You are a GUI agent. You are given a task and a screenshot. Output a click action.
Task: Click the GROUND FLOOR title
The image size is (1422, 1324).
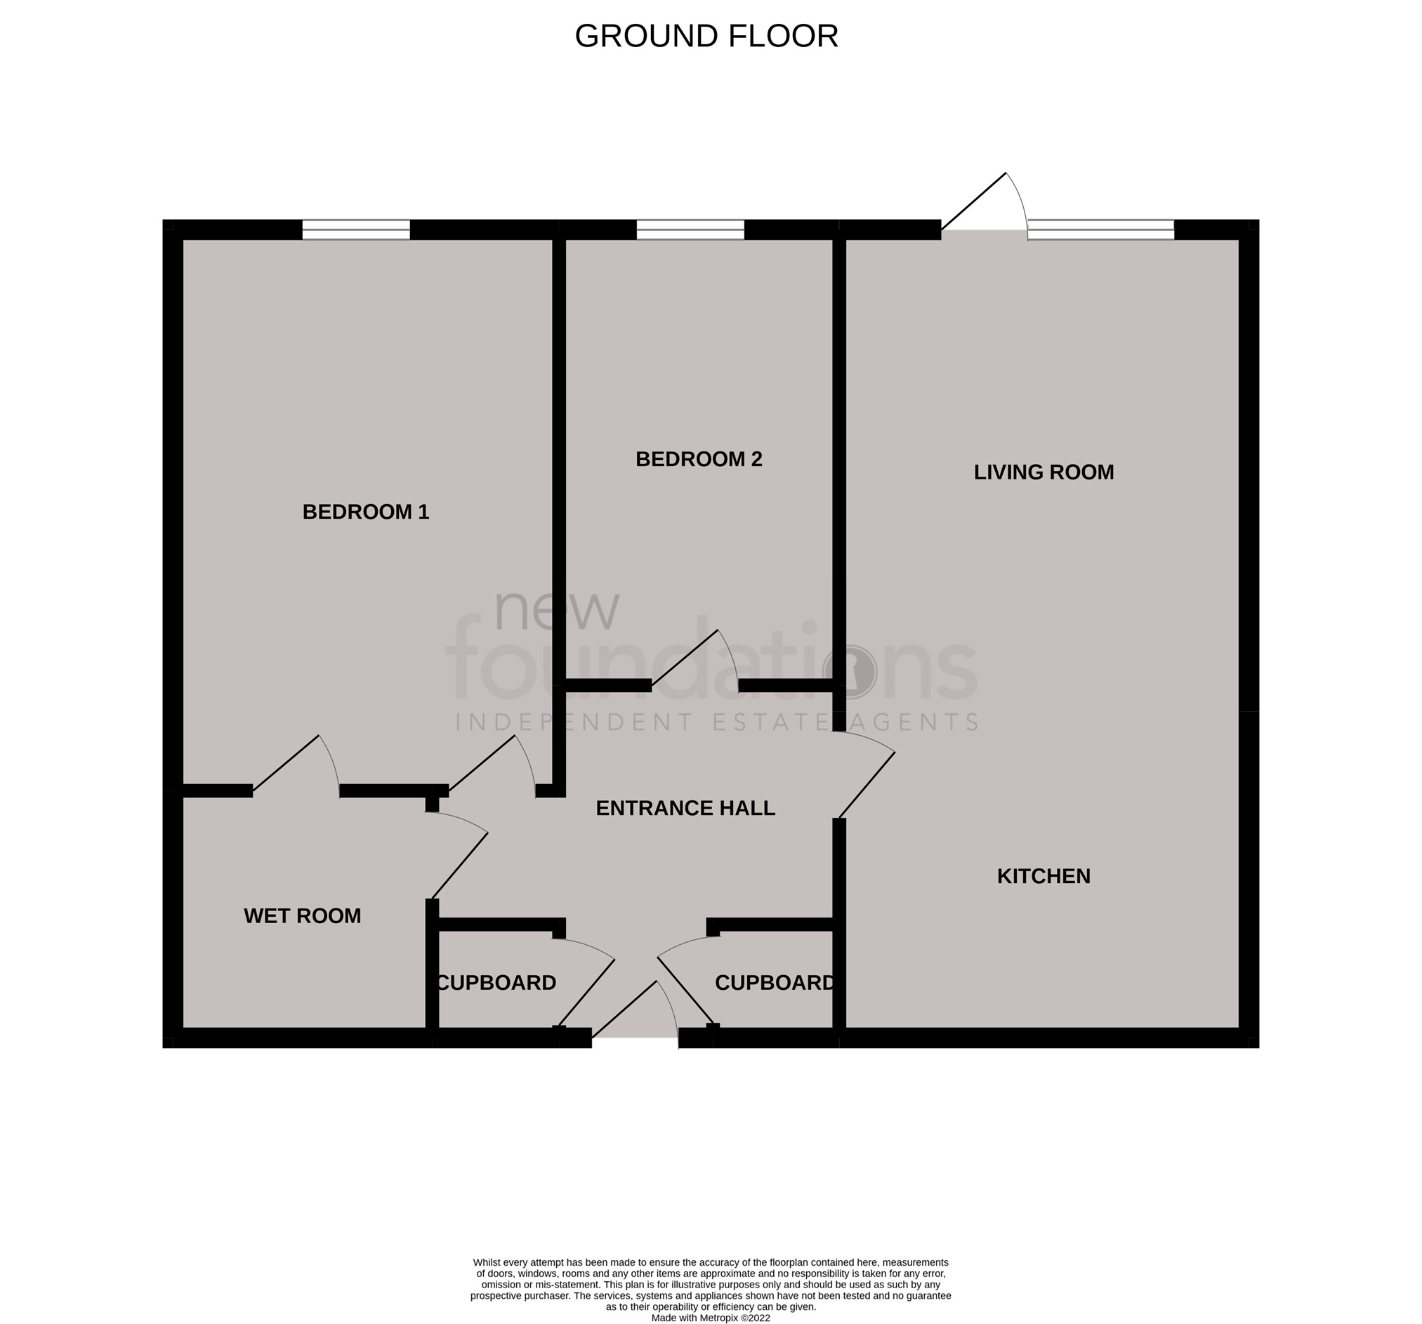point(706,37)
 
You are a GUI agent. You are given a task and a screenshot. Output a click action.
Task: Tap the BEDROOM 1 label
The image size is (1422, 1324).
point(366,512)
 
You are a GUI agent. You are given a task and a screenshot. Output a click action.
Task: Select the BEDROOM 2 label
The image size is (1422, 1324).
point(699,459)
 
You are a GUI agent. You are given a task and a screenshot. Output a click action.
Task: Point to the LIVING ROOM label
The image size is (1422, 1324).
point(1044,472)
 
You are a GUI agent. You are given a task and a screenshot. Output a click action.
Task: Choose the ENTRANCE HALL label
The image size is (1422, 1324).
point(685,808)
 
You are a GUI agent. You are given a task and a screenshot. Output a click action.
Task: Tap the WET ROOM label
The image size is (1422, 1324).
point(302,916)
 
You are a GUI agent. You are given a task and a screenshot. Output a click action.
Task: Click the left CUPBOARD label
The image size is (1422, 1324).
point(496,983)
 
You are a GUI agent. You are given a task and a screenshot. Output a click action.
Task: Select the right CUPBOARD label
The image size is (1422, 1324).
point(775,983)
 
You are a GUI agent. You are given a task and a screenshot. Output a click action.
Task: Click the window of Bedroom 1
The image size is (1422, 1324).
point(355,230)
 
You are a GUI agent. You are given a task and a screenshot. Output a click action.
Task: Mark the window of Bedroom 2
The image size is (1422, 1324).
point(690,230)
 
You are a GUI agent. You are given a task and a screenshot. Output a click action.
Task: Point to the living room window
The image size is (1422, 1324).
point(1101,230)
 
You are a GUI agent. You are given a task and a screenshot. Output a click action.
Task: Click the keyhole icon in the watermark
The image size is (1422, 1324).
point(850,671)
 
